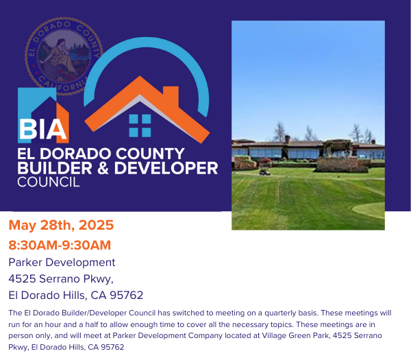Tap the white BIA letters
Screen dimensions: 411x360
point(43,129)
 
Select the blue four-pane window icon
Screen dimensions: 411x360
point(140,125)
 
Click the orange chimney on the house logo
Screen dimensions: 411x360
point(171,94)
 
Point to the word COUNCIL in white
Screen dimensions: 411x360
point(49,182)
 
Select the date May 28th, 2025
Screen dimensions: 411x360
point(61,225)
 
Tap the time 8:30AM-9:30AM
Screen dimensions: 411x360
point(60,245)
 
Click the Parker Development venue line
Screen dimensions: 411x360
point(62,262)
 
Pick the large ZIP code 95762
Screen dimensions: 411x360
point(126,295)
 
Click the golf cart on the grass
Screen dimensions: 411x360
point(264,172)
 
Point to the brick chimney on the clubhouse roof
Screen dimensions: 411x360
point(288,139)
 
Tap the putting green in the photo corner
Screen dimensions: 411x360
point(369,211)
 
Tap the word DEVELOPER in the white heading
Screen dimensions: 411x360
point(166,168)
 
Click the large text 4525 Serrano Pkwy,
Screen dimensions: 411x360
point(61,278)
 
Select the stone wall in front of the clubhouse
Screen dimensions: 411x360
point(342,165)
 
